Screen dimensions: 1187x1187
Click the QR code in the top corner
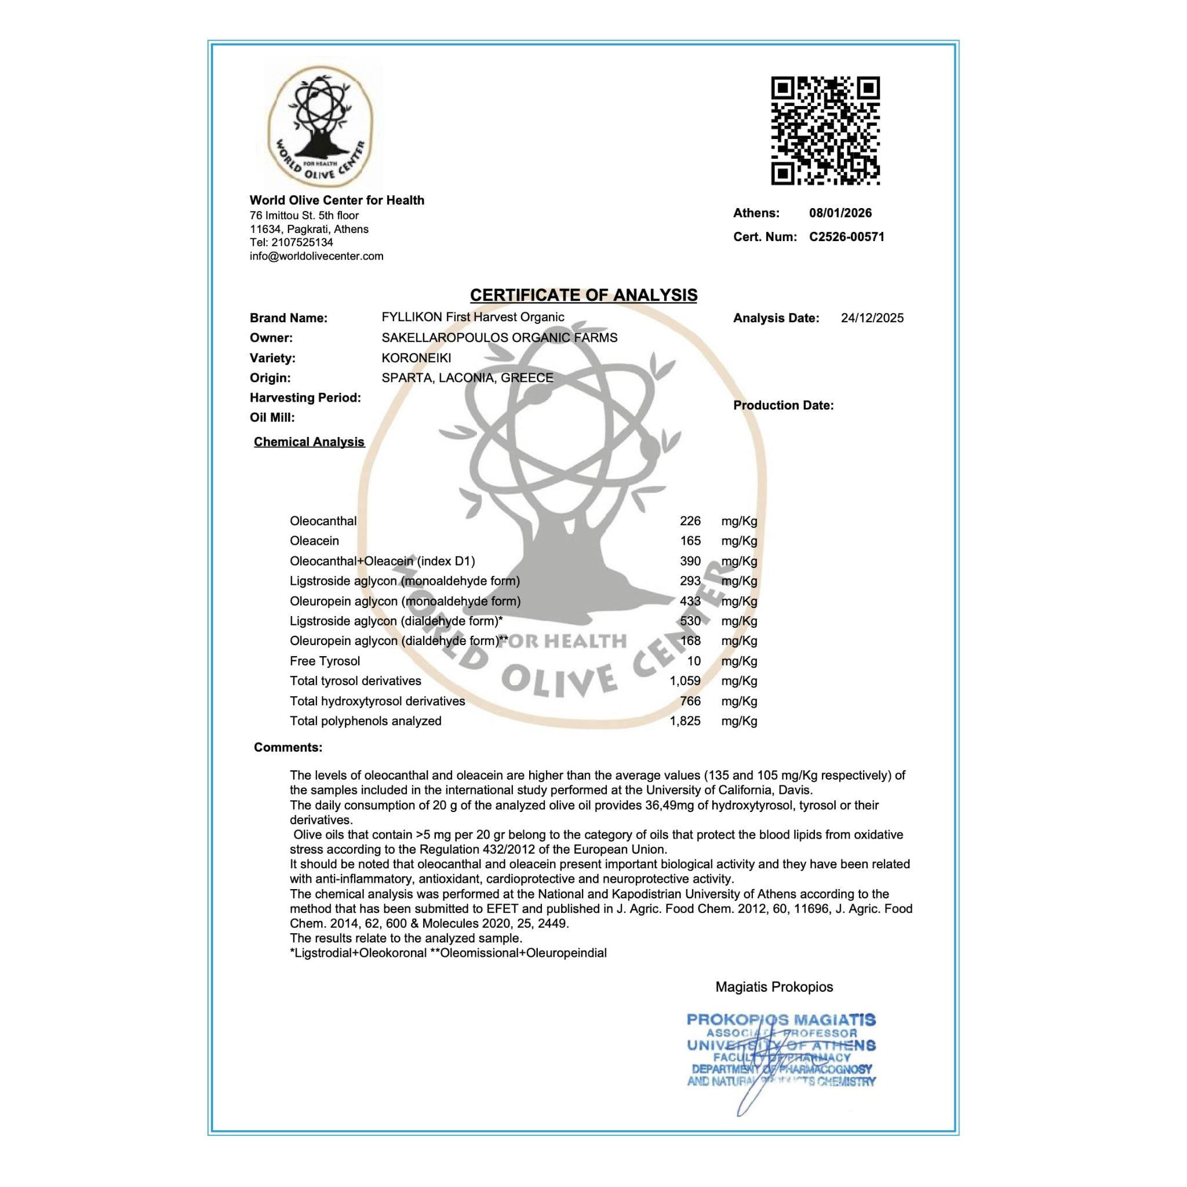click(x=825, y=130)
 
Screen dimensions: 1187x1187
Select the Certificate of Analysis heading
click(x=584, y=296)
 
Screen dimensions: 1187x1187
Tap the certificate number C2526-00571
click(x=847, y=237)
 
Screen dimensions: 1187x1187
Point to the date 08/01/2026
click(x=840, y=213)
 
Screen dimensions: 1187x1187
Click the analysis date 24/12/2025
click(x=872, y=318)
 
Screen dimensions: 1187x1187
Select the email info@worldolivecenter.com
click(x=316, y=256)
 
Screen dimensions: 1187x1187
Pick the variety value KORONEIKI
click(x=416, y=358)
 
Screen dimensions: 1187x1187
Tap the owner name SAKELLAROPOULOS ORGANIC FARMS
click(x=500, y=338)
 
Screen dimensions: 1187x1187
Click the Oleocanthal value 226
click(x=690, y=521)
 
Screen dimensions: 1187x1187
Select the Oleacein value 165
click(x=690, y=541)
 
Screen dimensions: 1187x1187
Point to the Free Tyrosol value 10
click(x=694, y=661)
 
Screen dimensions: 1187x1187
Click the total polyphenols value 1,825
click(x=685, y=721)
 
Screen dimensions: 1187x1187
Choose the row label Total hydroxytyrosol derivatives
click(x=377, y=701)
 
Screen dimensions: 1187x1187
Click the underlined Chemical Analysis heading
click(x=309, y=442)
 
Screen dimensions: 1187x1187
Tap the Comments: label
click(x=288, y=748)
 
